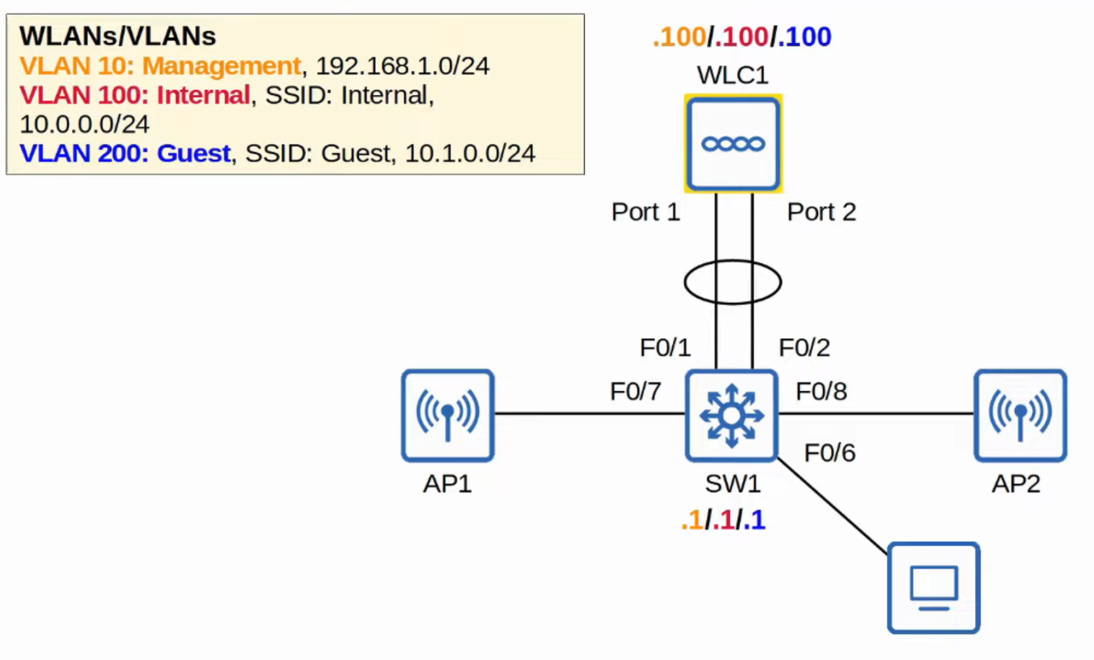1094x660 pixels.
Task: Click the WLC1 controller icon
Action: [x=733, y=144]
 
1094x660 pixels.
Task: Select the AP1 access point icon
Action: [x=447, y=415]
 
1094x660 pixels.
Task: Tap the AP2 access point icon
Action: [x=1020, y=415]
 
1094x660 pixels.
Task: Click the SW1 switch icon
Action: [x=732, y=415]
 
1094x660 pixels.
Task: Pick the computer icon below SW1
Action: [x=933, y=588]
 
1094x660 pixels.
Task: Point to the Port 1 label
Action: [x=645, y=212]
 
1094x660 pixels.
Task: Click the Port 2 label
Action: [x=821, y=212]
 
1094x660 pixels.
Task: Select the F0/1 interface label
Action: [x=665, y=348]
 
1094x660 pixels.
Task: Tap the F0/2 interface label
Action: [x=804, y=348]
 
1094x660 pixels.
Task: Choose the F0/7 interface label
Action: [x=636, y=391]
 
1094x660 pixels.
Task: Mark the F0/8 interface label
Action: [x=821, y=391]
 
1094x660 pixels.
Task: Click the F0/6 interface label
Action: [x=829, y=453]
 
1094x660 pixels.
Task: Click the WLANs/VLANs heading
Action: [x=118, y=36]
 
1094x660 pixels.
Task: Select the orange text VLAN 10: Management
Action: [x=160, y=66]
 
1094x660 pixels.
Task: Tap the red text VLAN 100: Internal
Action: [x=135, y=95]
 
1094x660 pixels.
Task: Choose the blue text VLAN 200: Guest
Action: [x=125, y=153]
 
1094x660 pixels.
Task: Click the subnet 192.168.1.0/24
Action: [x=402, y=66]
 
